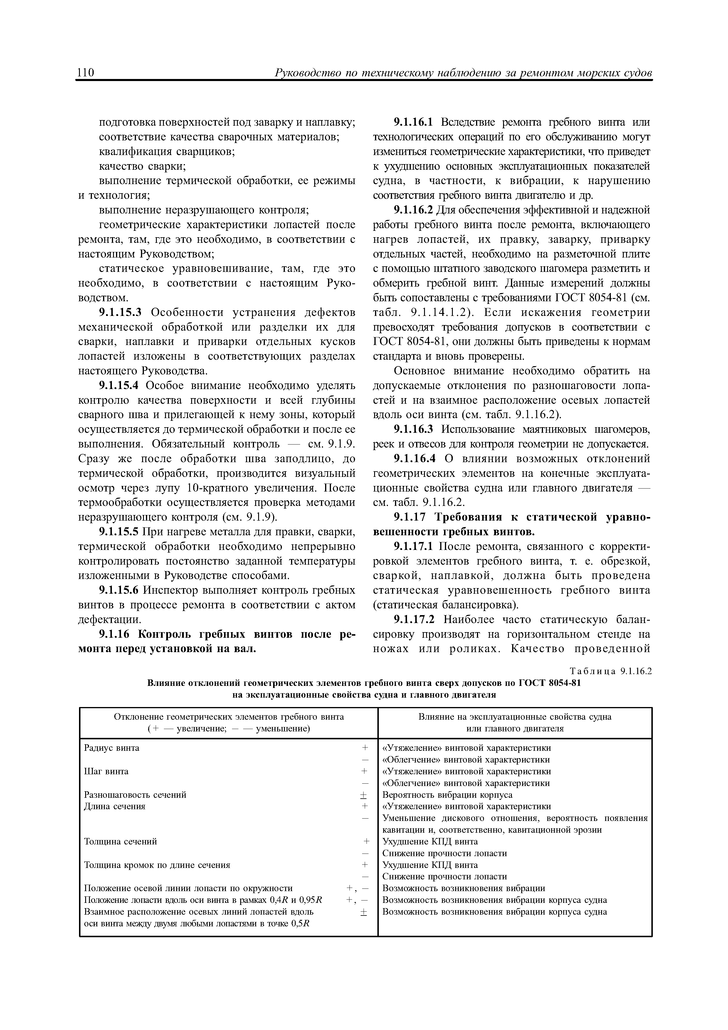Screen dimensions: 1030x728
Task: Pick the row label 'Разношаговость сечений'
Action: click(135, 795)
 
